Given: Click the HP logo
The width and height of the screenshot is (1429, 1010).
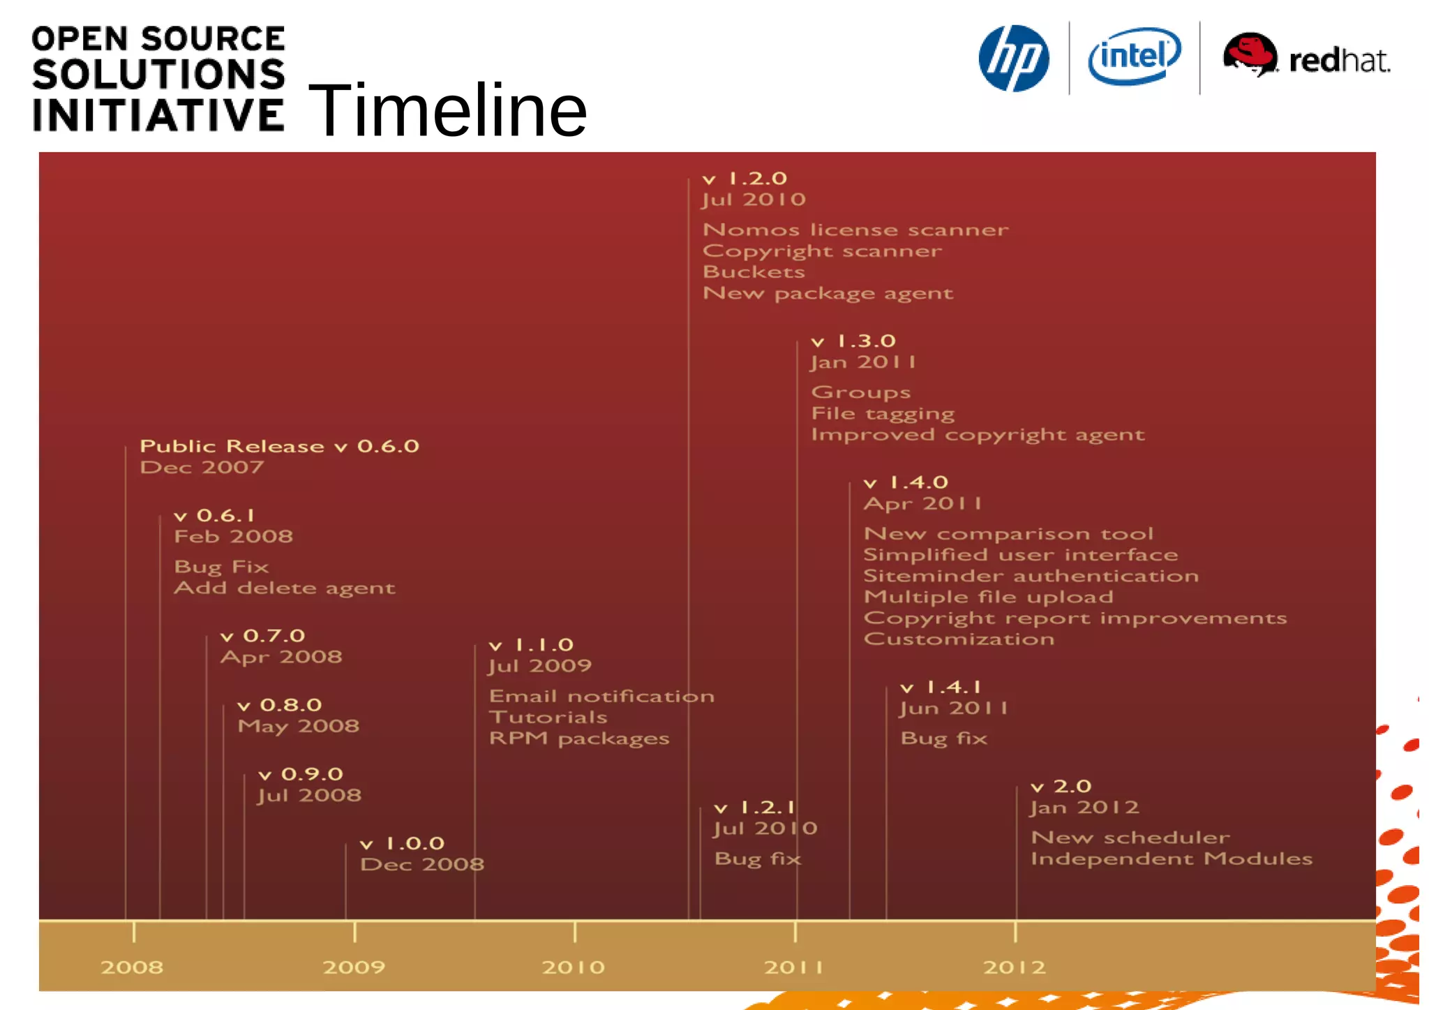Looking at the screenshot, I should coord(1013,59).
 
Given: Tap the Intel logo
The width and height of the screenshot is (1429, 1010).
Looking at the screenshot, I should coord(1135,57).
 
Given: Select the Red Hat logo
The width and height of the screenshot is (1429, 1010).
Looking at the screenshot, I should coord(1306,57).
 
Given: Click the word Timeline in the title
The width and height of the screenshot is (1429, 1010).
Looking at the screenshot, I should coord(447,110).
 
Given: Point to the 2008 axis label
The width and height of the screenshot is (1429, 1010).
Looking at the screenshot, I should coord(132,967).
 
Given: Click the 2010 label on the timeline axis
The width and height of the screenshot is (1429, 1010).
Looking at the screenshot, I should coord(574,967).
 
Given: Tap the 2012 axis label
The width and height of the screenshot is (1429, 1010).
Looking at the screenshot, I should coord(1015,967).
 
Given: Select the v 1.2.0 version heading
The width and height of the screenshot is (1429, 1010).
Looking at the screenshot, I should coord(745,179).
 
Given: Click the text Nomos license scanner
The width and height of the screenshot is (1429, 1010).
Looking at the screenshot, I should coord(855,230).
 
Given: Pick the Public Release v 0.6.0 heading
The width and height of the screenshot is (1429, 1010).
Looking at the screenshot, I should coord(279,446).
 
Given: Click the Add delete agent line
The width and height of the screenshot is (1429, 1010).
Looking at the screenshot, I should coord(285,588).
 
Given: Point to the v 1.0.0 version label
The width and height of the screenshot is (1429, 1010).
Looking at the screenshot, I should coord(403,843).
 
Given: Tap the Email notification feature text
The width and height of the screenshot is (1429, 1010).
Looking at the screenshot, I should coord(601,696).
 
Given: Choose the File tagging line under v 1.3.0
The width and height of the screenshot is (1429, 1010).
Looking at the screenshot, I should coord(883,413).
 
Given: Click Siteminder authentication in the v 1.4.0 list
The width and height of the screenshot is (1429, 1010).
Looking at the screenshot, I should coord(1031,576).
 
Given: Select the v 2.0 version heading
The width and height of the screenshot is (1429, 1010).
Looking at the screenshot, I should coord(1061,787).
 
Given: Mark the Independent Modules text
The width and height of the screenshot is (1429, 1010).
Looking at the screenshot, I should coord(1172,859).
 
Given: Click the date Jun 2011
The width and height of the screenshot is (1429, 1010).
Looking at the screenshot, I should coord(953,708).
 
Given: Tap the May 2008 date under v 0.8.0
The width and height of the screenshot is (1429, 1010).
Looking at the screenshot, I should coord(299,726).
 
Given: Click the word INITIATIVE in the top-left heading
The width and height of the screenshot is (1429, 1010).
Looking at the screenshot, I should coord(158,115).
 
